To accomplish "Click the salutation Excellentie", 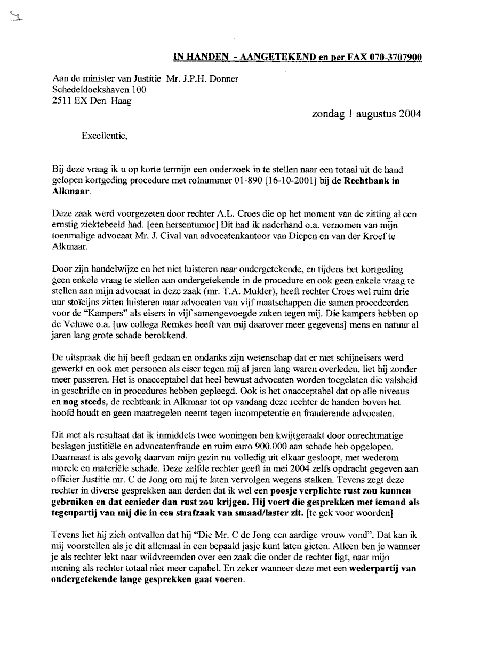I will click(x=104, y=136).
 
